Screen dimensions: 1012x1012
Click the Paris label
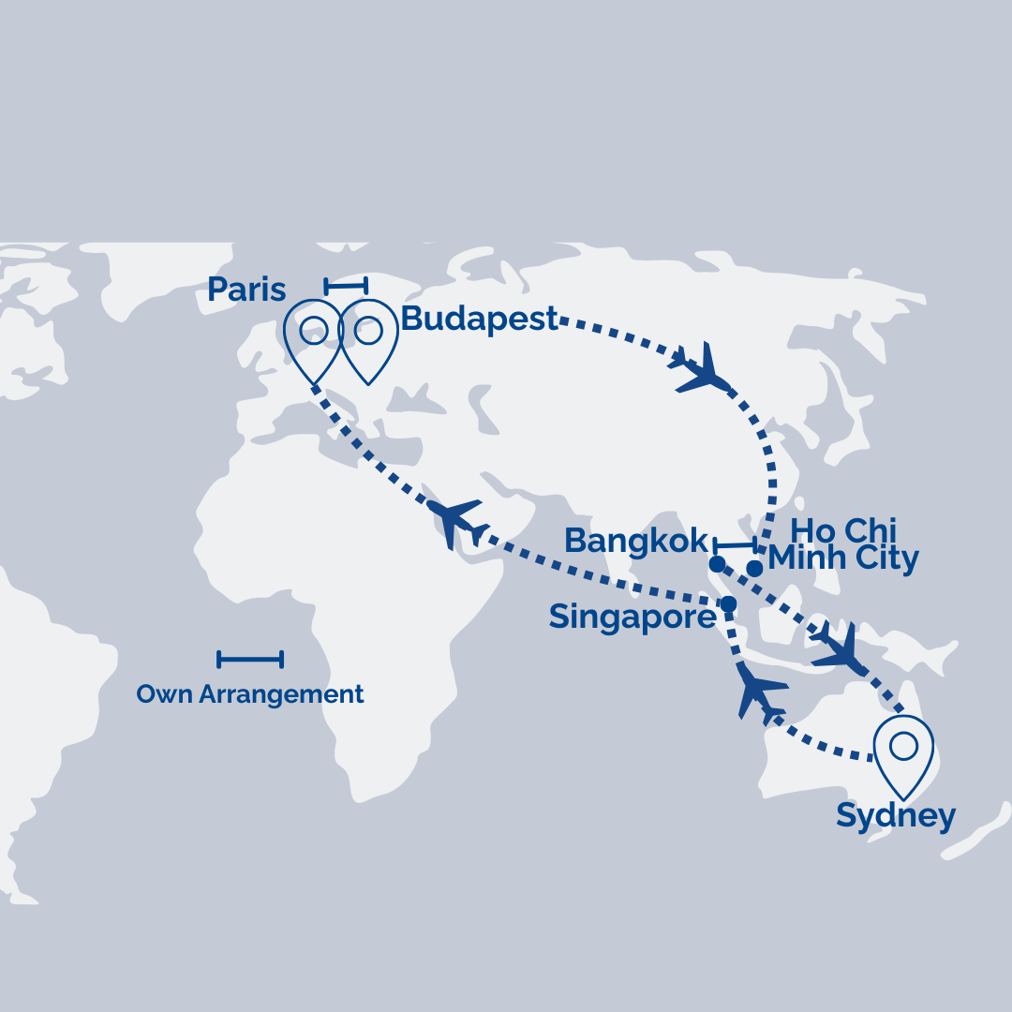pos(246,290)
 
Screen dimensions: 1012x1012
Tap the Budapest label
pos(479,320)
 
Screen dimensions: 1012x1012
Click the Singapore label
pos(632,618)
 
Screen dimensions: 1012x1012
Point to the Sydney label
pos(895,816)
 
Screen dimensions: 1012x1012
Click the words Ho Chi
pos(843,529)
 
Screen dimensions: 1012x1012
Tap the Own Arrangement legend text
pos(249,694)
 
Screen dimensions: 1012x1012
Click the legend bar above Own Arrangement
pos(249,660)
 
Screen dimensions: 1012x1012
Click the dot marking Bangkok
pos(717,564)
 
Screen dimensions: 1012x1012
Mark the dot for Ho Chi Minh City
pos(754,568)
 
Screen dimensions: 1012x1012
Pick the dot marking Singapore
pos(728,604)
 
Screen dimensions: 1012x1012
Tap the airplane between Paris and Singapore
pos(456,521)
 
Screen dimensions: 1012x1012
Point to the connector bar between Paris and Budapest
pos(346,285)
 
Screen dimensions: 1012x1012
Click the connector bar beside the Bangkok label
pos(735,544)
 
